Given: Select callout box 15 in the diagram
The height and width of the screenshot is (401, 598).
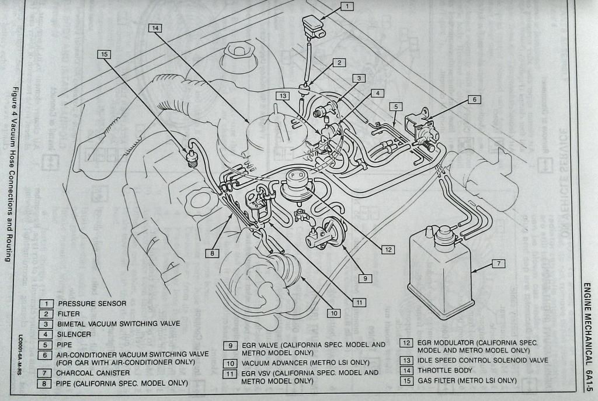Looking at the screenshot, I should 104,54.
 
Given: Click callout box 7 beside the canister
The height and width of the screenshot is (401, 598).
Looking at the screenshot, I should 498,264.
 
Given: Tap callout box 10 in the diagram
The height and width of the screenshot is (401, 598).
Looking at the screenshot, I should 333,313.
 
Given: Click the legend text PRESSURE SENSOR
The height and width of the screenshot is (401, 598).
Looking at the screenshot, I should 92,304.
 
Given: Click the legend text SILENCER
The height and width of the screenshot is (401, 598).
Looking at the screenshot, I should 75,334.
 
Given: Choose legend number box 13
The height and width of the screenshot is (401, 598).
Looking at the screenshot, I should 406,360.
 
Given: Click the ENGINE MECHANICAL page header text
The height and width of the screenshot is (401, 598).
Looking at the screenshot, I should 587,316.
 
